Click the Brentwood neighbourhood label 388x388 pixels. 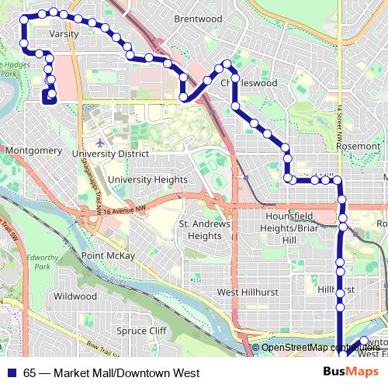point(198,19)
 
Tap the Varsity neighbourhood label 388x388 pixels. point(64,34)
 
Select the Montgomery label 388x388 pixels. point(33,150)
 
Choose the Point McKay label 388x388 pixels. point(108,255)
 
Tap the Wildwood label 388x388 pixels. point(74,296)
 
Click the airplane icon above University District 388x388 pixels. point(100,143)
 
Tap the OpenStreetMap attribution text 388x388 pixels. point(318,348)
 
